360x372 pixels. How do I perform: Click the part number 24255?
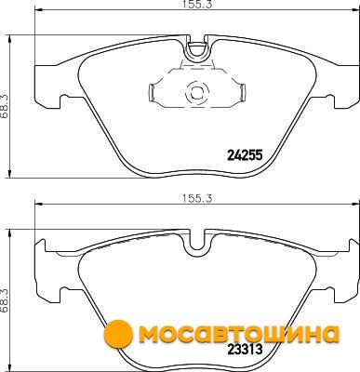[x=245, y=154]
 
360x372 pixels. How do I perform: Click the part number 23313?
[x=245, y=350]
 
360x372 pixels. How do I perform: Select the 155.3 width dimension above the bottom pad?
[x=197, y=198]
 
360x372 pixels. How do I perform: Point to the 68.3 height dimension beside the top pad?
[x=5, y=106]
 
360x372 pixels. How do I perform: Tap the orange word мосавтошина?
[x=239, y=334]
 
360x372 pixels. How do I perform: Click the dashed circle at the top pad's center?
[x=197, y=91]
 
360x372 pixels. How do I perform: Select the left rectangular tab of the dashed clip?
[x=153, y=92]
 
